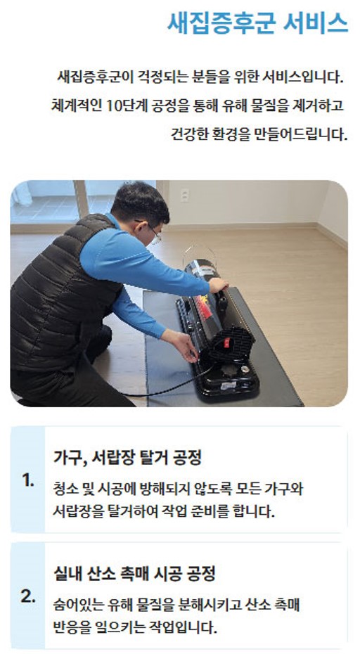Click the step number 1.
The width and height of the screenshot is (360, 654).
point(27,481)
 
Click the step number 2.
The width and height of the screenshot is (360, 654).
point(27,596)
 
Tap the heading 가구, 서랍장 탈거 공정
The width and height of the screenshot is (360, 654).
point(128,459)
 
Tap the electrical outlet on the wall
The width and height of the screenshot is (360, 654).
point(184,195)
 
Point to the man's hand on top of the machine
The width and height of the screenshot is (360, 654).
point(217,285)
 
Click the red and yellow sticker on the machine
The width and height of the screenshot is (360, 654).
point(203,307)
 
